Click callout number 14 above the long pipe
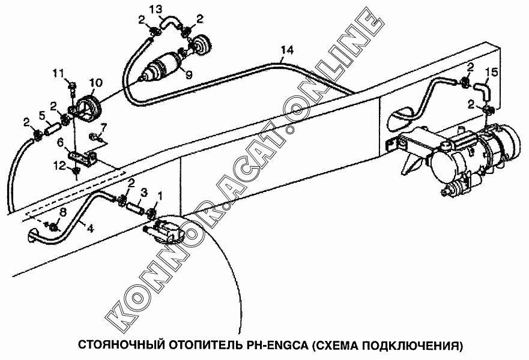coord(287,50)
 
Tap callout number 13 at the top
coord(156,10)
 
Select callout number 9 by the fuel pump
coord(189,74)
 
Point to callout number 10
coord(96,83)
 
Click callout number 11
coord(59,73)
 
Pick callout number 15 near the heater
coord(491,73)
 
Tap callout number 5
coord(42,116)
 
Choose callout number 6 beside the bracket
coord(61,143)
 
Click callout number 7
coord(103,128)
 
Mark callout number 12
coord(59,166)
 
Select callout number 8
coord(63,212)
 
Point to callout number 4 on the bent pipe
coord(90,228)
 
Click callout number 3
coord(144,193)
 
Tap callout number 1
coord(160,196)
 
